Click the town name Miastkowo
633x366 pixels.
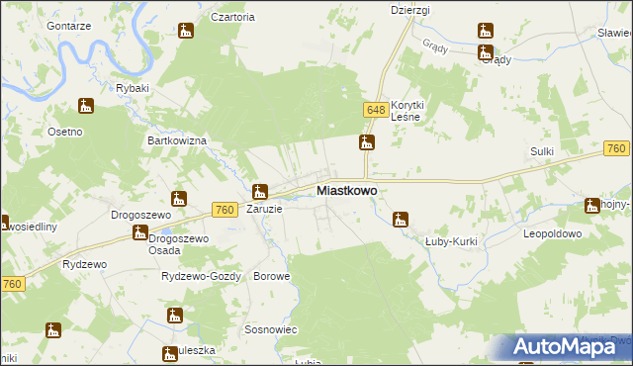pyautogui.click(x=345, y=190)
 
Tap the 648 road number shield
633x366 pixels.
pyautogui.click(x=374, y=110)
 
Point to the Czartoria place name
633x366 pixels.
pyautogui.click(x=233, y=17)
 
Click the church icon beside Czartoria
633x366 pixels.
pyautogui.click(x=185, y=32)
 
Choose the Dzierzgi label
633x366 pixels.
pyautogui.click(x=408, y=9)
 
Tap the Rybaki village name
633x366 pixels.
pyautogui.click(x=132, y=88)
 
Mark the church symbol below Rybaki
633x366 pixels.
pyautogui.click(x=87, y=106)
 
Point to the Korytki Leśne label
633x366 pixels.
pyautogui.click(x=407, y=111)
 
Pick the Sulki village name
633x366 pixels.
pyautogui.click(x=541, y=150)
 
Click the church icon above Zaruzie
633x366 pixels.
pyautogui.click(x=260, y=193)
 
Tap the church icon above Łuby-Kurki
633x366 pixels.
pyautogui.click(x=402, y=220)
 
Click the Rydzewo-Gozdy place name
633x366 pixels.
pyautogui.click(x=201, y=276)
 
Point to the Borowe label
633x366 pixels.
pyautogui.click(x=272, y=276)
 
